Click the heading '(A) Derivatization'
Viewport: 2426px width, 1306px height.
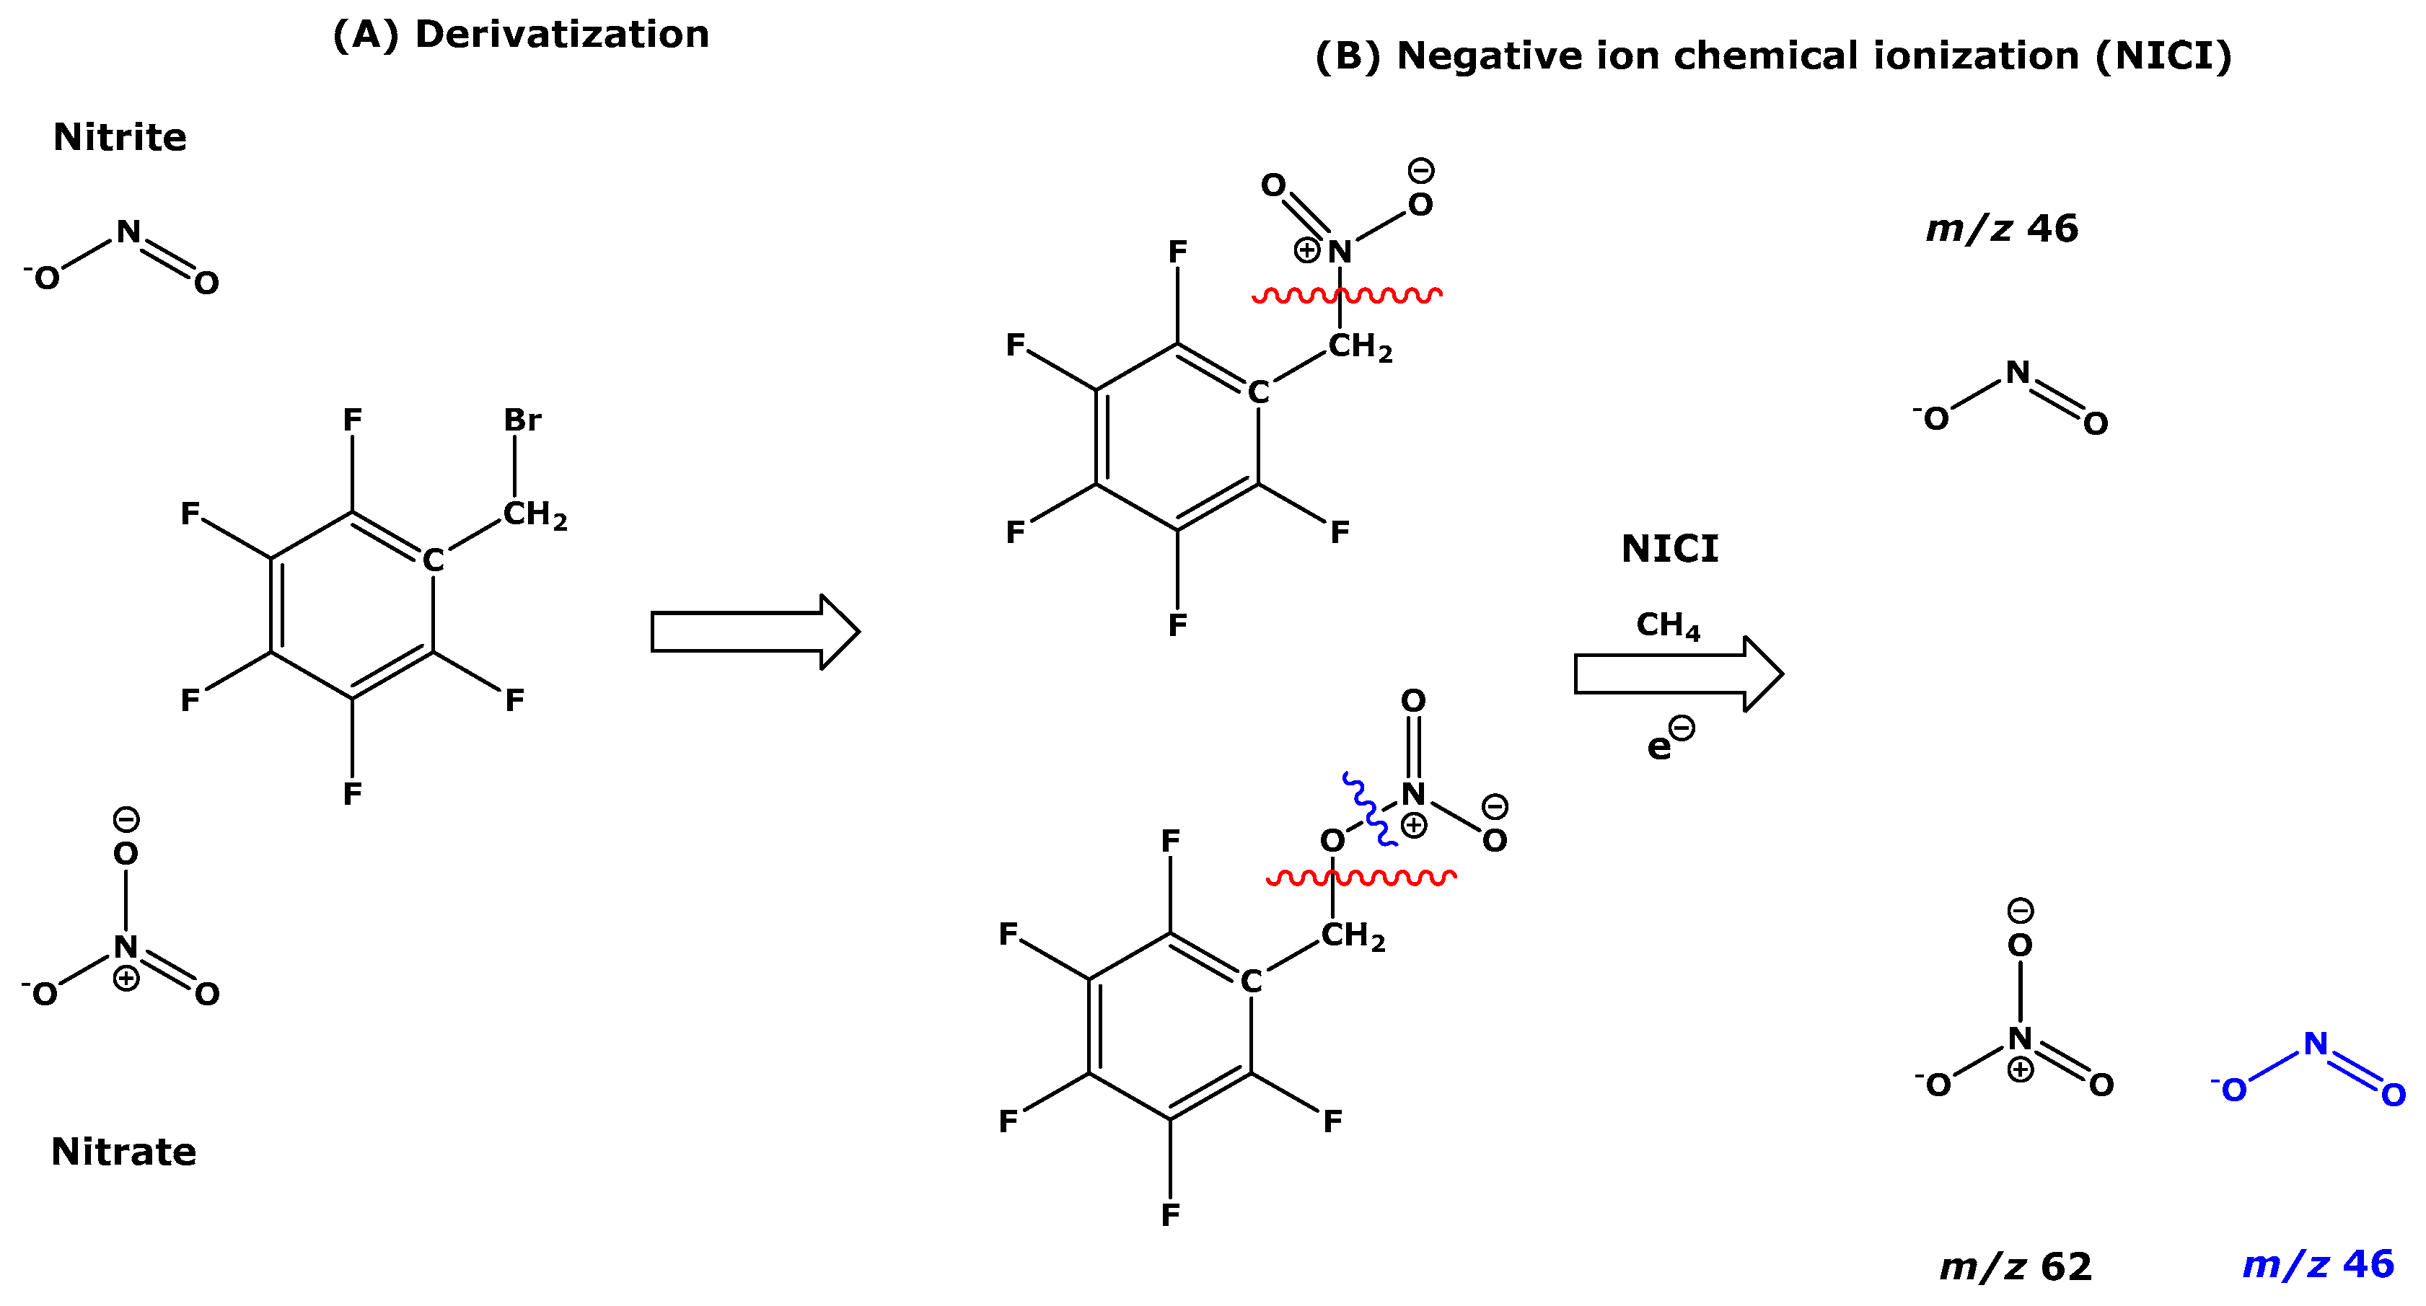click(521, 35)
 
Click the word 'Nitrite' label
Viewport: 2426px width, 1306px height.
click(120, 138)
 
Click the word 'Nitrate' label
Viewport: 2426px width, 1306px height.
click(123, 1152)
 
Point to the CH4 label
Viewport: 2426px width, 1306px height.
click(1668, 625)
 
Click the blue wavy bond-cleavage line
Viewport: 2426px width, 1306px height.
click(1368, 809)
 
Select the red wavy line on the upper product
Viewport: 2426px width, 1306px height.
click(1347, 296)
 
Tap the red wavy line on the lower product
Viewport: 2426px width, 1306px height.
click(1361, 878)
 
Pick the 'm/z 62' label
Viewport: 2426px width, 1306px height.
click(2016, 1266)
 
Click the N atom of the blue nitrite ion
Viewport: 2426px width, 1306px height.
click(2316, 1044)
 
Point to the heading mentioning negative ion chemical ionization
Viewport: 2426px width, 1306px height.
click(1773, 56)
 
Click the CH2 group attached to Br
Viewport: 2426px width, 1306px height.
click(534, 514)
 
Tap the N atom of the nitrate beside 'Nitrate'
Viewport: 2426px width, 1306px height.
click(126, 946)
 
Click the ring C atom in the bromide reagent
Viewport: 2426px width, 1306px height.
click(432, 560)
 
